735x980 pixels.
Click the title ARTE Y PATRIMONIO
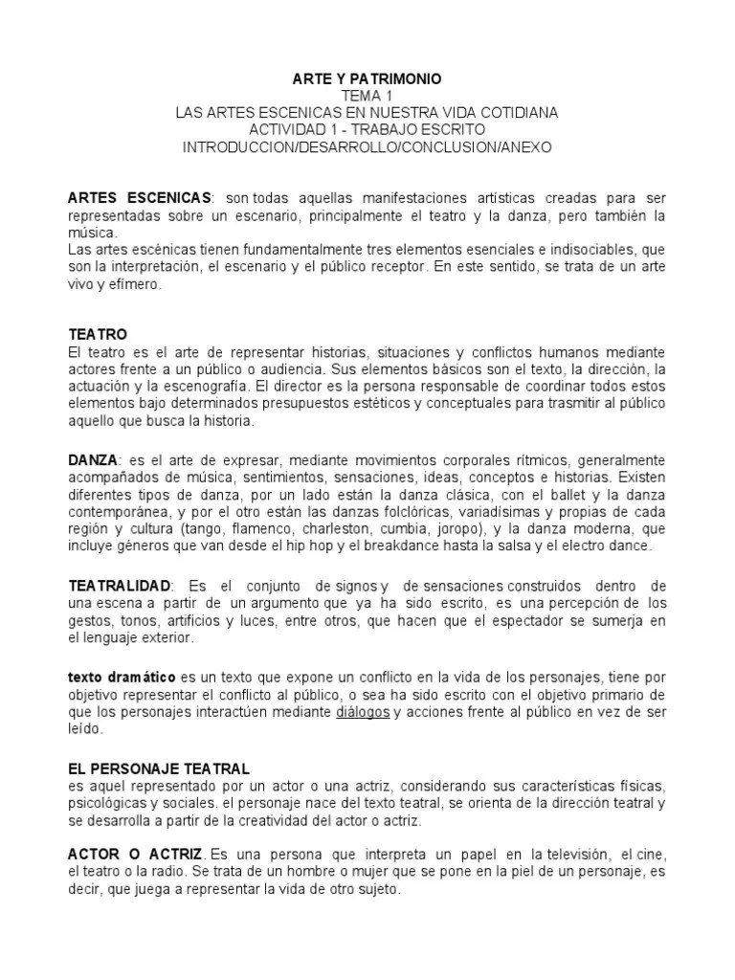367,78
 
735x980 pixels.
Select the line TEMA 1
367,96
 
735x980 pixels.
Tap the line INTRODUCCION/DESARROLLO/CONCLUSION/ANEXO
367,147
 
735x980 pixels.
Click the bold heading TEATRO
98,335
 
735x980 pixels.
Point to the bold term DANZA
92,459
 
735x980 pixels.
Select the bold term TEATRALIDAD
120,585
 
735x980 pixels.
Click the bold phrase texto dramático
122,677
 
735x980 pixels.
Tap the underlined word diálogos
363,713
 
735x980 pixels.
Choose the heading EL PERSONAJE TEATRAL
159,768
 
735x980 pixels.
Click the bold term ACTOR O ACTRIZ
135,853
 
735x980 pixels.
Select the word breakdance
380,546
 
